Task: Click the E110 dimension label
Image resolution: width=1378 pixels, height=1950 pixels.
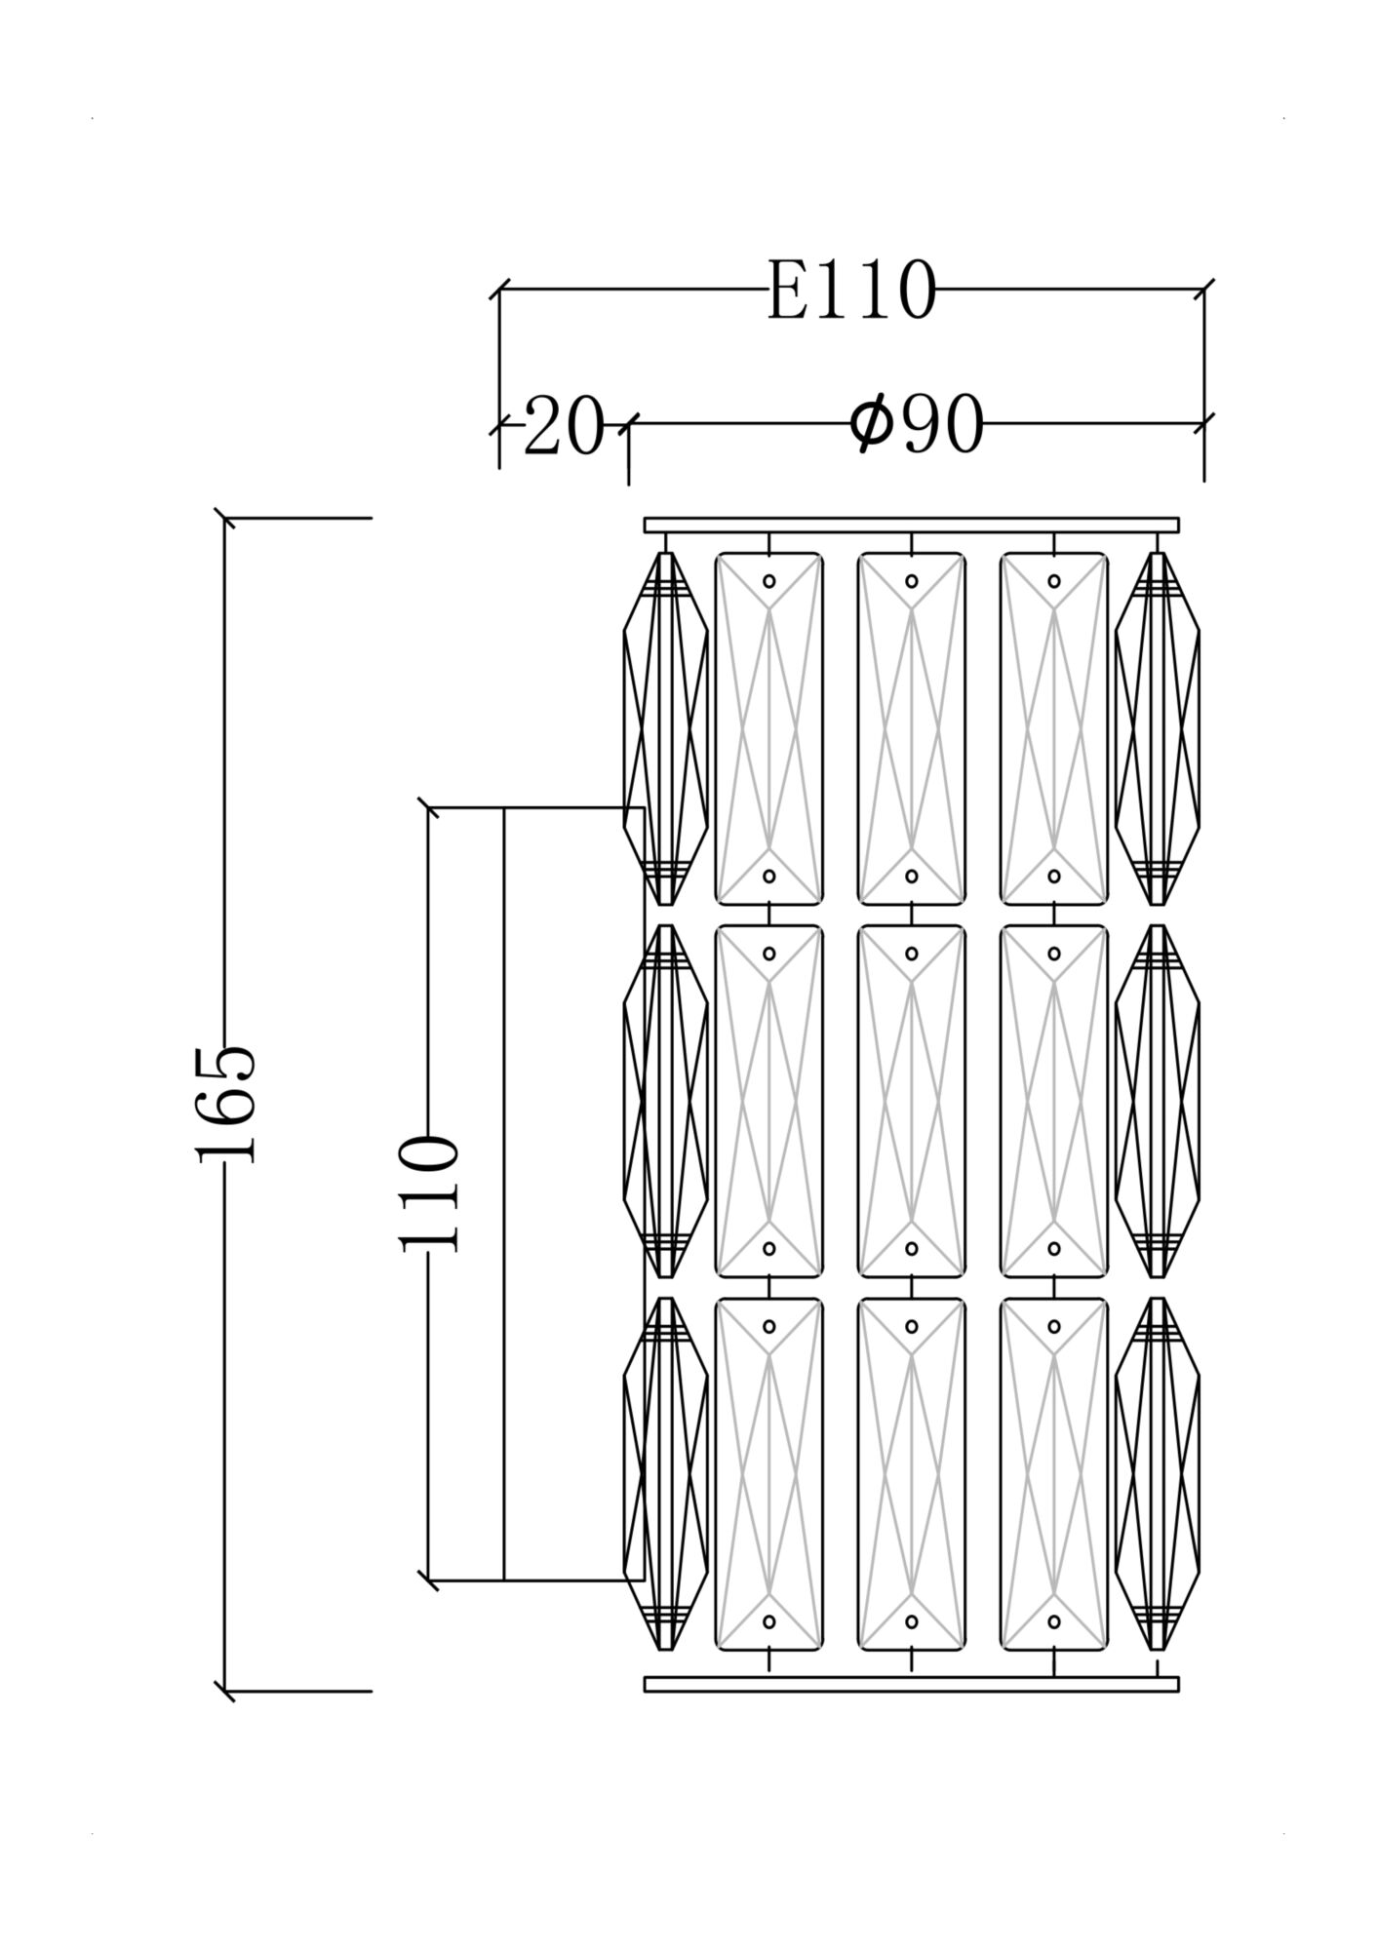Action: click(x=850, y=291)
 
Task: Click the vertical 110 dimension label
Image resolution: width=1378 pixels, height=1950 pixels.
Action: click(x=428, y=1192)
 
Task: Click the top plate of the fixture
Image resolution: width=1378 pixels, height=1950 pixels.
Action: click(x=911, y=526)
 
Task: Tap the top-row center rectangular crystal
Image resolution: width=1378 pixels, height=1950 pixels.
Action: click(x=911, y=729)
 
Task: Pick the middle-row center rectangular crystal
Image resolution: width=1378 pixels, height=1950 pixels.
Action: click(x=911, y=1101)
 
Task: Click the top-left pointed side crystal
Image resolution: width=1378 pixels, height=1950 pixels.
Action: click(x=665, y=729)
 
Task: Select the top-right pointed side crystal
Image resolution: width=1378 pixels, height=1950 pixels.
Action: click(x=1157, y=729)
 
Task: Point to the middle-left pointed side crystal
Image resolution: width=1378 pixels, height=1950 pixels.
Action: click(x=665, y=1101)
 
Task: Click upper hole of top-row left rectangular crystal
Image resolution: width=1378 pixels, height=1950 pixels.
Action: click(x=768, y=581)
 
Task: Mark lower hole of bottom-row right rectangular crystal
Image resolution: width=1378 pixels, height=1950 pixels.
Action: click(x=1054, y=1621)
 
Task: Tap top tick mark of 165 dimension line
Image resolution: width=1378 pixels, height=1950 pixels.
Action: click(x=225, y=518)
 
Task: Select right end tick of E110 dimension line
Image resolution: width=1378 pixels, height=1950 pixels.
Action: click(x=1203, y=290)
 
